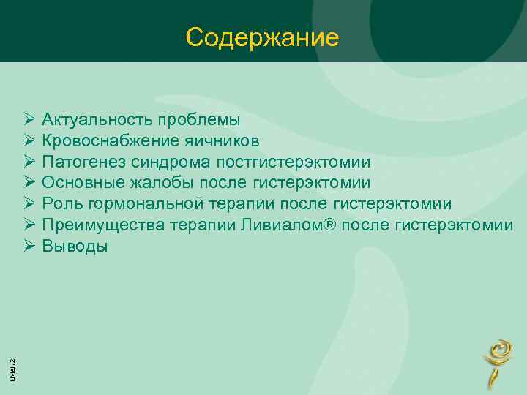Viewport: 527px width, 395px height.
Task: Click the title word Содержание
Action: pos(263,37)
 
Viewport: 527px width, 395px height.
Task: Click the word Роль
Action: pos(60,203)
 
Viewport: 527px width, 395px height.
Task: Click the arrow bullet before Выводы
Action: pos(29,246)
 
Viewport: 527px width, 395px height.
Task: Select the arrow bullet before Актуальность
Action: pos(29,118)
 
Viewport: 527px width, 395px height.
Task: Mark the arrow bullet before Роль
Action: pos(29,203)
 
